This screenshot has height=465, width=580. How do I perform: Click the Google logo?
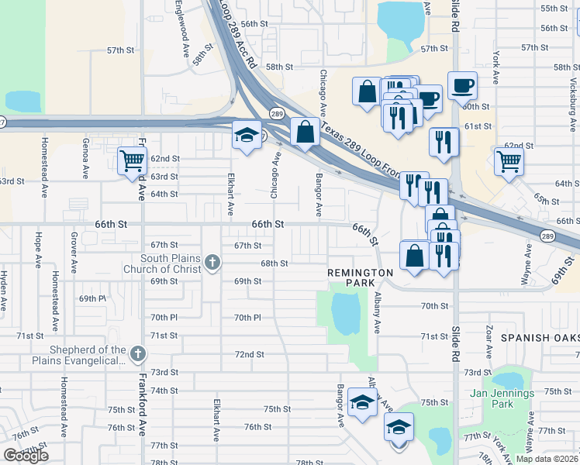(26, 455)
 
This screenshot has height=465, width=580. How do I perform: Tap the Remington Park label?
(360, 273)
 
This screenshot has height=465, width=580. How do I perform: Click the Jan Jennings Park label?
(502, 398)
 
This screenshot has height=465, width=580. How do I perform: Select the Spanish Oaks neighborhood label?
(540, 338)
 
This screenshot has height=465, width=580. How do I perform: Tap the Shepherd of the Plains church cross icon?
(137, 354)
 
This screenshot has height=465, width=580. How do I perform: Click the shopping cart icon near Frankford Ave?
(133, 160)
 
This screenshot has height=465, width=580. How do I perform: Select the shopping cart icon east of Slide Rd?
(509, 160)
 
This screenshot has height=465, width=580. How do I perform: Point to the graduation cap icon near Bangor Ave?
(361, 401)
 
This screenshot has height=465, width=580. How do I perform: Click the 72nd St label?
(250, 354)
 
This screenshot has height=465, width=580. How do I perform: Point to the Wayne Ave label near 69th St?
(529, 262)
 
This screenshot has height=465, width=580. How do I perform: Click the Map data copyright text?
(547, 459)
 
